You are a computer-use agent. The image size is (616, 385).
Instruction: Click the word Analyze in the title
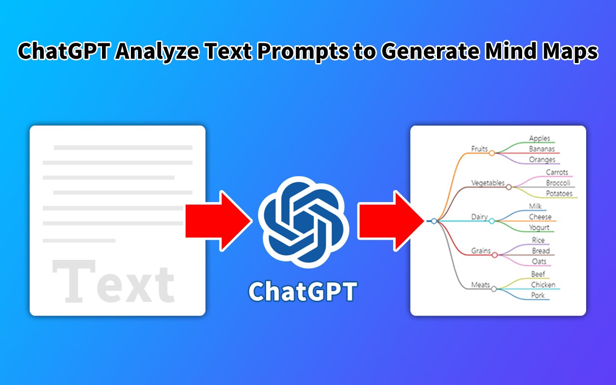pyautogui.click(x=157, y=51)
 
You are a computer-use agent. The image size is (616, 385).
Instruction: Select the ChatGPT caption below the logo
pyautogui.click(x=303, y=292)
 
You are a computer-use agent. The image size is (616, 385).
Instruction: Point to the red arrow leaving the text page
pyautogui.click(x=219, y=221)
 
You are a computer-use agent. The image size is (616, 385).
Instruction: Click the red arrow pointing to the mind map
pyautogui.click(x=391, y=221)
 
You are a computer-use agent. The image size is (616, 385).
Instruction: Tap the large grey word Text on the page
pyautogui.click(x=113, y=281)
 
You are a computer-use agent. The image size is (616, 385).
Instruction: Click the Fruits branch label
pyautogui.click(x=479, y=149)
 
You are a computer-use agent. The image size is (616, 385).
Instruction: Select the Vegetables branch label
pyautogui.click(x=488, y=183)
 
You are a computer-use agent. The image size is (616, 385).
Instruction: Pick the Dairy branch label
pyautogui.click(x=479, y=217)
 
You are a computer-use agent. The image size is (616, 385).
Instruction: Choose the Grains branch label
pyautogui.click(x=481, y=251)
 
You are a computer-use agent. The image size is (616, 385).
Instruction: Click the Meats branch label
pyautogui.click(x=480, y=285)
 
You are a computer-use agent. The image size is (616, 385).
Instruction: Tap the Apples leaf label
pyautogui.click(x=539, y=138)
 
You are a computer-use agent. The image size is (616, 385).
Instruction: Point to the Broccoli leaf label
pyautogui.click(x=558, y=183)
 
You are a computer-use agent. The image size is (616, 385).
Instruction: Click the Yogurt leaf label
pyautogui.click(x=539, y=228)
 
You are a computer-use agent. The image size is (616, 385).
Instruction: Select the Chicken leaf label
pyautogui.click(x=543, y=284)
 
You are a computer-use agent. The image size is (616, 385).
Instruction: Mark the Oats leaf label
pyautogui.click(x=539, y=261)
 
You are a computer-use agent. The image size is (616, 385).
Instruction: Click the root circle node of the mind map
pyautogui.click(x=434, y=221)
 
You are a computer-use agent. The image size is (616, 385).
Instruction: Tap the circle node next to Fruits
pyautogui.click(x=492, y=153)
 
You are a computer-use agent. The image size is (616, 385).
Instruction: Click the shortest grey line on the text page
pyautogui.click(x=79, y=241)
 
